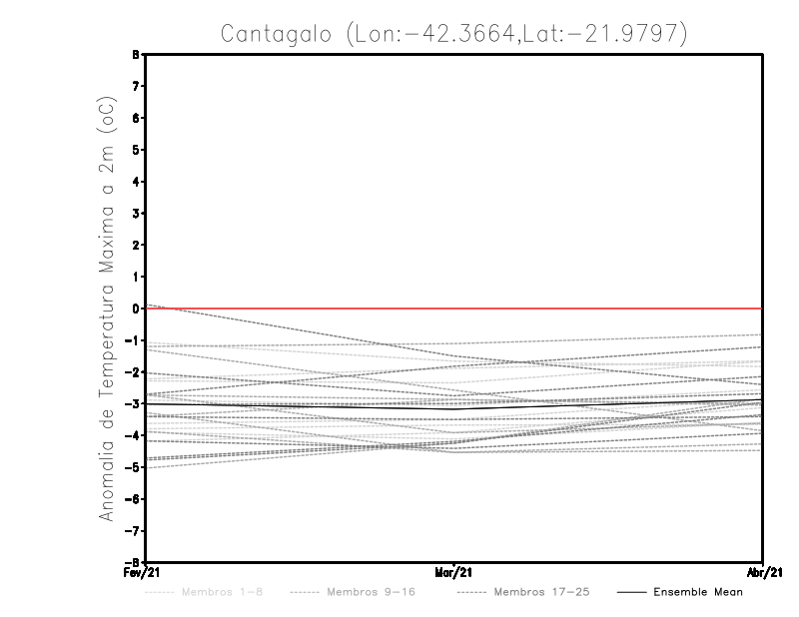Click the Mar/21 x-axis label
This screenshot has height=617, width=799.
coord(454,572)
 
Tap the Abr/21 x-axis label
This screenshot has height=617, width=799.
coord(763,572)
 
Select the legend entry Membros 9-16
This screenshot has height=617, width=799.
coord(371,592)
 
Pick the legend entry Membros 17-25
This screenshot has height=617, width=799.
coord(543,592)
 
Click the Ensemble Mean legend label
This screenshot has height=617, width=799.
coord(698,592)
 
